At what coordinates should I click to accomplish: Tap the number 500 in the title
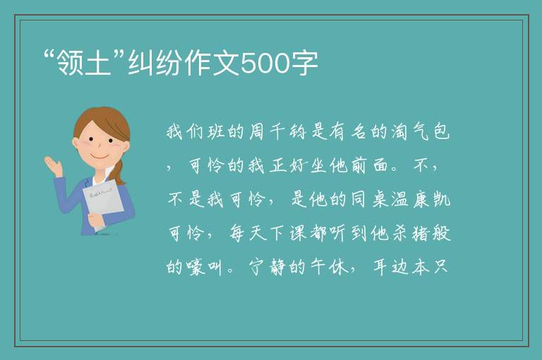tap(265, 64)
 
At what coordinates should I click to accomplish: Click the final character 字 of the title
tap(304, 63)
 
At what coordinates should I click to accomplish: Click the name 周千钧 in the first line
tap(277, 131)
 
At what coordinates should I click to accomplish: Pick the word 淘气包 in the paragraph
tap(421, 131)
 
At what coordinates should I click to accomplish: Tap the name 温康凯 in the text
tap(421, 200)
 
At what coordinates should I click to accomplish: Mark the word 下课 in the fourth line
tap(287, 234)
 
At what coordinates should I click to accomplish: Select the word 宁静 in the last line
tap(267, 268)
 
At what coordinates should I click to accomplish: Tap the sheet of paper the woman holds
tap(102, 202)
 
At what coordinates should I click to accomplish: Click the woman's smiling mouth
tap(100, 157)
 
